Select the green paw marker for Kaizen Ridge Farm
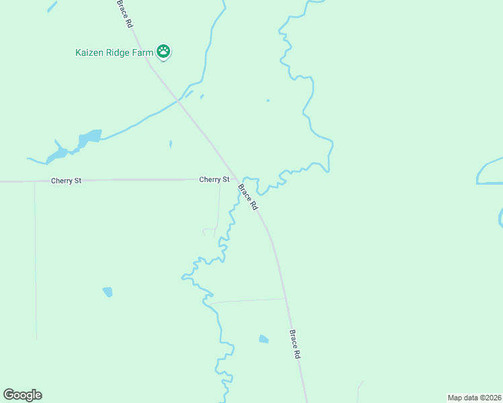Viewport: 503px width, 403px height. tap(163, 51)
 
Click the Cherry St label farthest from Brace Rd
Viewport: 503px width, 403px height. tap(66, 181)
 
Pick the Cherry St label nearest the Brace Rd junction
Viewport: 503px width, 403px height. tap(214, 180)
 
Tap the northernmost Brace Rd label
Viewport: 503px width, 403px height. tap(124, 13)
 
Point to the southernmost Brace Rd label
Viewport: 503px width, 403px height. tap(294, 343)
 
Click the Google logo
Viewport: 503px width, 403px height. tap(22, 395)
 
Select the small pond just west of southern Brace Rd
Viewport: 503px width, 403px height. tap(264, 339)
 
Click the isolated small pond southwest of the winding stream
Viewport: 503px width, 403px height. tap(108, 292)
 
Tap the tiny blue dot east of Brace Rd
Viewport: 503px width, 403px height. tap(268, 101)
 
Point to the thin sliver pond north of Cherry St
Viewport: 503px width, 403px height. tap(170, 144)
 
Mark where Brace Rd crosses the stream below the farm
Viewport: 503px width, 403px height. tap(178, 101)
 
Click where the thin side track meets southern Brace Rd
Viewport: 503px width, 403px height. tap(285, 299)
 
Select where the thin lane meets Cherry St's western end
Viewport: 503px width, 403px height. tap(34, 181)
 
